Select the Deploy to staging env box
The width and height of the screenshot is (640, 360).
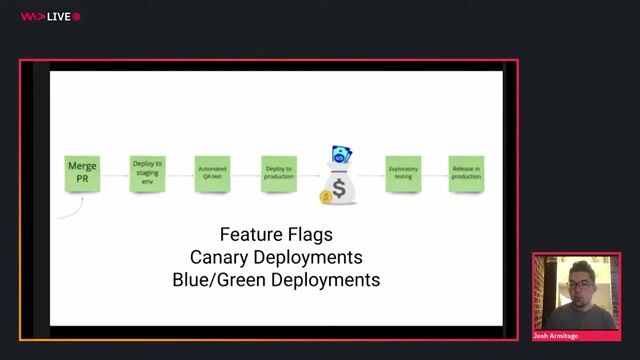[147, 173]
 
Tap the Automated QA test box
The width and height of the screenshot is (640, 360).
[212, 173]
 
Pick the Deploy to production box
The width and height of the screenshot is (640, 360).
[278, 173]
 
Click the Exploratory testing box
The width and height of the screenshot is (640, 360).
[402, 173]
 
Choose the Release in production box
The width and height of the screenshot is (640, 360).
[466, 173]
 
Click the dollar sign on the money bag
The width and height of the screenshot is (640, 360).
[339, 188]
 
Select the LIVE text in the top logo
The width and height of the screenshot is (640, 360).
[57, 17]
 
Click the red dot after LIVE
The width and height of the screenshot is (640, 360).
[77, 17]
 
